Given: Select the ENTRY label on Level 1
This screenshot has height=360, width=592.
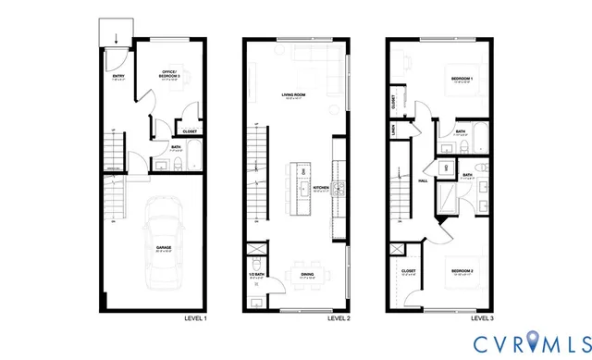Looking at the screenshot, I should click(118, 76).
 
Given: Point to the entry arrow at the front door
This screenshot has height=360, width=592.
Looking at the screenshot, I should click(115, 39).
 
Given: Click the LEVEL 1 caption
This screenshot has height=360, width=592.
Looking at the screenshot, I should click(194, 318).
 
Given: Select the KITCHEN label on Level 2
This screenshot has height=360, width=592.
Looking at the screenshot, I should click(321, 186).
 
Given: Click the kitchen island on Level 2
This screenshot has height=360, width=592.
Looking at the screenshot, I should click(302, 189).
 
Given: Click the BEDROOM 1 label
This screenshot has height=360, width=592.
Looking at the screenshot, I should click(462, 80).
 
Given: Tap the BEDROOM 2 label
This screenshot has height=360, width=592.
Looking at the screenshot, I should click(462, 271).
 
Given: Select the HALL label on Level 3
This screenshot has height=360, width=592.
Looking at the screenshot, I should click(422, 181).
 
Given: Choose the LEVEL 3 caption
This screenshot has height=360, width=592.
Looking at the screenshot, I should click(482, 318).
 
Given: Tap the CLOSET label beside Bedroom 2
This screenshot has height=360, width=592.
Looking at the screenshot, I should click(410, 271).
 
